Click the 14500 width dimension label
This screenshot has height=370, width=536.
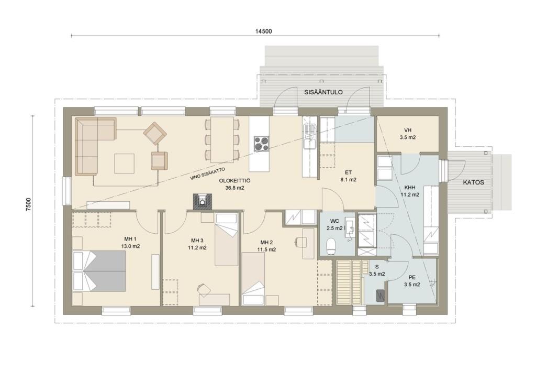click(x=263, y=31)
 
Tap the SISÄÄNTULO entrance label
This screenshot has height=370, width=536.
click(x=323, y=92)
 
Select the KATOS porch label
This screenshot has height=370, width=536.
click(x=473, y=182)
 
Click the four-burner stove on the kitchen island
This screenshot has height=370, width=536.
click(x=261, y=143)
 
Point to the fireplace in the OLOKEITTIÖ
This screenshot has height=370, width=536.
click(x=203, y=201)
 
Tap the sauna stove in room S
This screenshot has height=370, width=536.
click(x=381, y=296)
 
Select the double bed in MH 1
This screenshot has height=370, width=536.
click(x=99, y=271)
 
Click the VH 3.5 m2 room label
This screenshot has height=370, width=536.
click(x=407, y=134)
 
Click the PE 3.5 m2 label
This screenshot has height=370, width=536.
click(x=412, y=281)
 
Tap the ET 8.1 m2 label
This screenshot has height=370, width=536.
click(x=348, y=176)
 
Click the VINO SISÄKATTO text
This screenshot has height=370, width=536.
click(x=207, y=171)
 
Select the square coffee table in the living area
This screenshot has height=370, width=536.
click(x=124, y=164)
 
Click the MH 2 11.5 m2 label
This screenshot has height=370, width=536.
click(x=266, y=246)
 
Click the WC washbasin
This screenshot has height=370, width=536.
click(x=349, y=226)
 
